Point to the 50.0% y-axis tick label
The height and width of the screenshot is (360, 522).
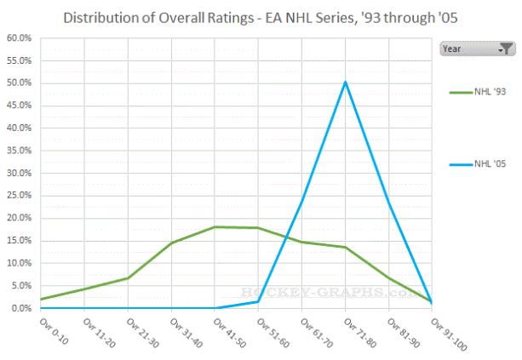[19, 83]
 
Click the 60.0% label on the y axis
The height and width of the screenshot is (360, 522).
[19, 38]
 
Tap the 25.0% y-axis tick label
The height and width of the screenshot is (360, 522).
[19, 196]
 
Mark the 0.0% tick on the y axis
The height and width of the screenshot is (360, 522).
[20, 308]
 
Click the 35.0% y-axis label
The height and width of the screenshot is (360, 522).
[19, 151]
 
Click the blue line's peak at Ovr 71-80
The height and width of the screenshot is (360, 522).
[345, 82]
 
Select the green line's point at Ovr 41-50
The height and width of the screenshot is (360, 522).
[215, 227]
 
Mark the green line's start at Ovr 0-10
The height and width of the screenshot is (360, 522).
[40, 299]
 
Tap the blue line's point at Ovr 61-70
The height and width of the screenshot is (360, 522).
[301, 201]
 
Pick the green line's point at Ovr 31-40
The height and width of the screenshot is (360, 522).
[171, 243]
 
